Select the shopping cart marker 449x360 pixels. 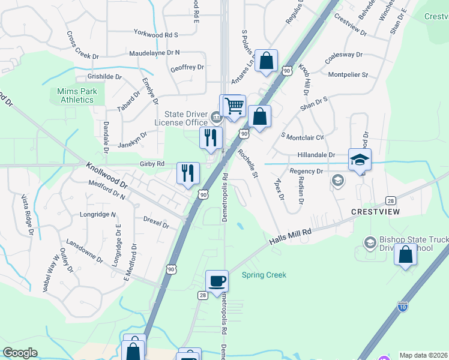pyautogui.click(x=234, y=106)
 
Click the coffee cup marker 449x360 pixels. pyautogui.click(x=217, y=280)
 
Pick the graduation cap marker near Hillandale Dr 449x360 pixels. pyautogui.click(x=360, y=160)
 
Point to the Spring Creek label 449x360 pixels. pyautogui.click(x=264, y=275)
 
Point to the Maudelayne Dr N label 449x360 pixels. pyautogui.click(x=154, y=53)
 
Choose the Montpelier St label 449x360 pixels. pyautogui.click(x=348, y=74)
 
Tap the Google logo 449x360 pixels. pyautogui.click(x=20, y=352)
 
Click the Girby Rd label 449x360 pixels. pyautogui.click(x=152, y=163)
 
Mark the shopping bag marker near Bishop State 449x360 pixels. pyautogui.click(x=406, y=254)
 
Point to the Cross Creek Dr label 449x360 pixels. pyautogui.click(x=83, y=46)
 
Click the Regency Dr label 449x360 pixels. pyautogui.click(x=306, y=171)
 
